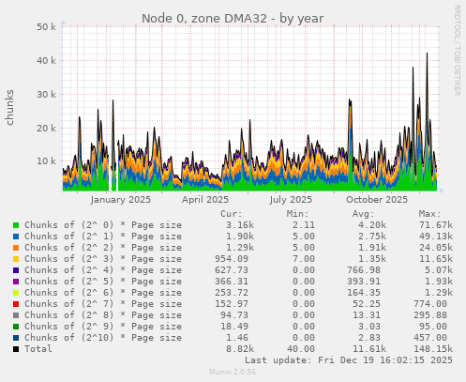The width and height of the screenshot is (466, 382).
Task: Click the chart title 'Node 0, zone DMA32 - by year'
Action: pyautogui.click(x=233, y=18)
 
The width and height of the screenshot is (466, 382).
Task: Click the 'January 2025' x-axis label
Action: pyautogui.click(x=120, y=199)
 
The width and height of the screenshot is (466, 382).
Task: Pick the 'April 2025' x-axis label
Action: pyautogui.click(x=204, y=199)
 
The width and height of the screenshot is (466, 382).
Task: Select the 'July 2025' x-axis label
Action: pyautogui.click(x=290, y=199)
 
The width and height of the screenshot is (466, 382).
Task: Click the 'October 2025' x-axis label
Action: pyautogui.click(x=376, y=199)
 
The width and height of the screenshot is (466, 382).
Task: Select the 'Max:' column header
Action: pyautogui.click(x=429, y=214)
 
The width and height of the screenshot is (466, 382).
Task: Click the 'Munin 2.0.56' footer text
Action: pyautogui.click(x=233, y=373)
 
